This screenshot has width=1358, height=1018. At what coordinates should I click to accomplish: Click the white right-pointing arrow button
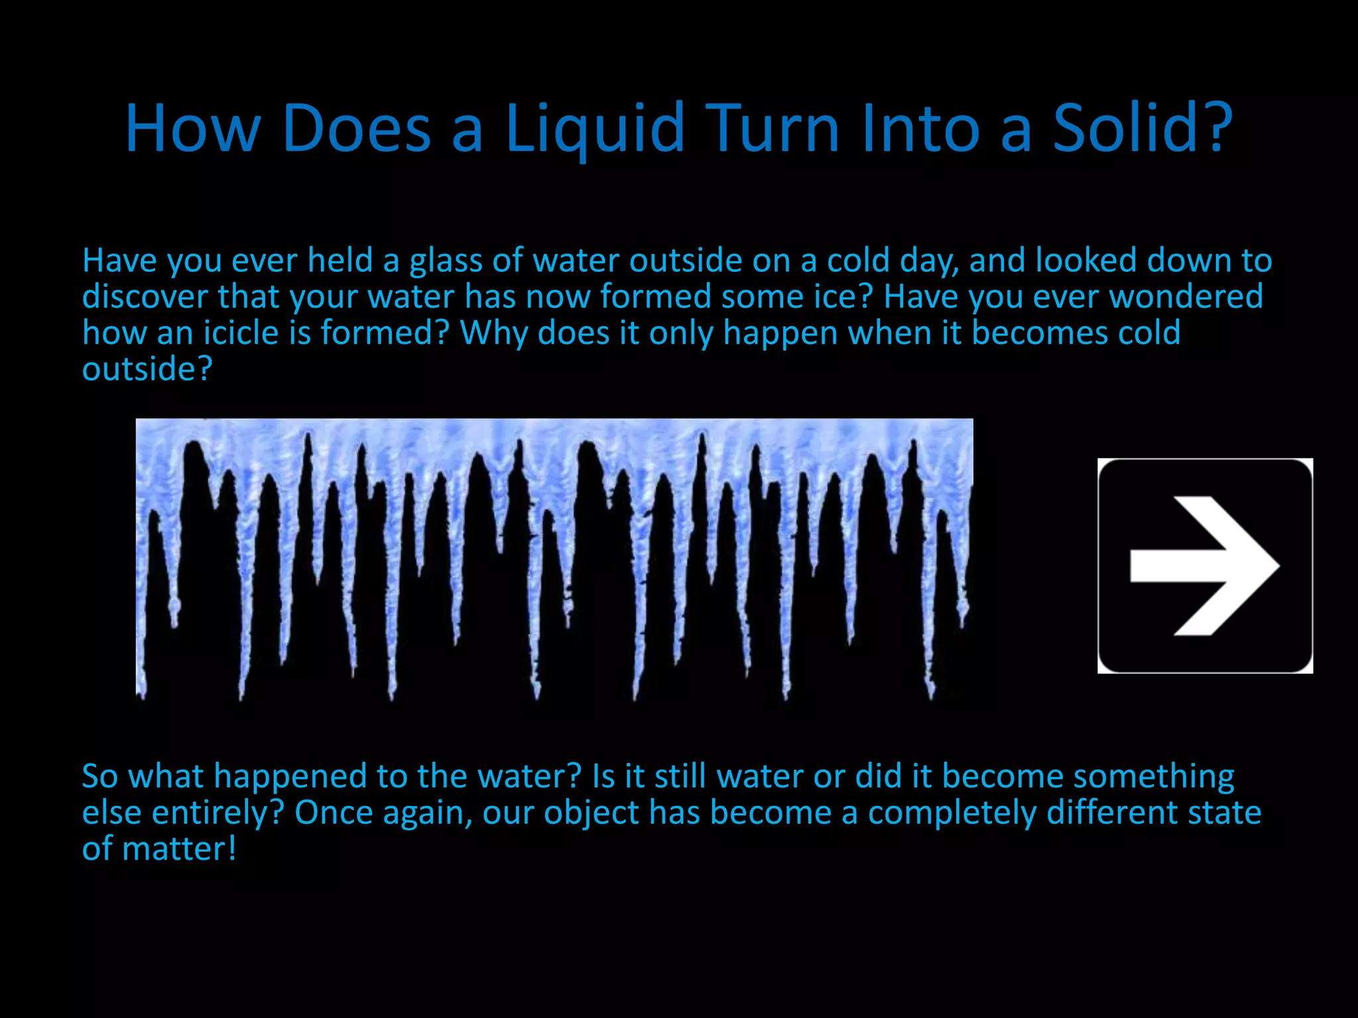pyautogui.click(x=1205, y=565)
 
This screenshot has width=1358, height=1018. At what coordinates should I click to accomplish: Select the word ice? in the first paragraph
pyautogui.click(x=841, y=297)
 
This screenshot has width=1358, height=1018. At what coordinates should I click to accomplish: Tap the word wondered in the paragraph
pyautogui.click(x=1186, y=297)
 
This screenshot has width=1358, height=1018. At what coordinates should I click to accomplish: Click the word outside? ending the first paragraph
pyautogui.click(x=147, y=369)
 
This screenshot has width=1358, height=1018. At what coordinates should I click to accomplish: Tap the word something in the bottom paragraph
pyautogui.click(x=1153, y=777)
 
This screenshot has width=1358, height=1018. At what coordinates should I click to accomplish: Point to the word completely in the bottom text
pyautogui.click(x=952, y=813)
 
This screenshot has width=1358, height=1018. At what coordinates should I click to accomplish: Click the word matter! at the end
pyautogui.click(x=179, y=850)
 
